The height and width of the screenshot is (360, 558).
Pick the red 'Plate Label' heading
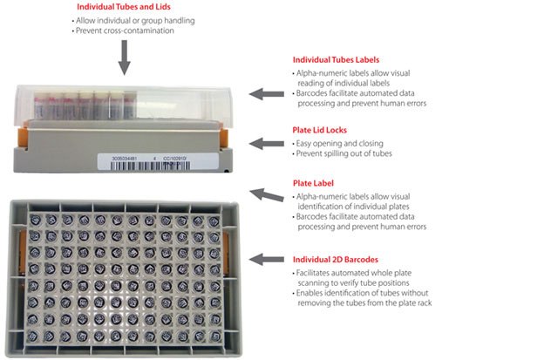coord(314,184)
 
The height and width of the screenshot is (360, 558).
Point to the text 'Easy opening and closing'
coord(339,143)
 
